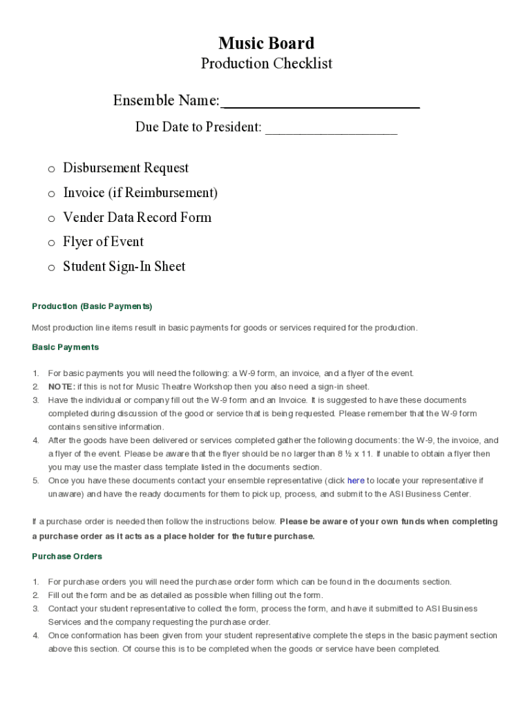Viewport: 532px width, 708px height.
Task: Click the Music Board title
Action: (266, 44)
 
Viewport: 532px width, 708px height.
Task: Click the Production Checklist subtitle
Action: (266, 64)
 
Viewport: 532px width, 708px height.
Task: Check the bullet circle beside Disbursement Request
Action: (51, 169)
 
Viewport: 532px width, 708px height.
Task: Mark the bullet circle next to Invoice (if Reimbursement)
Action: (51, 194)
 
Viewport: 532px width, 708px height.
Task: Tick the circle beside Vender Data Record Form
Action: (51, 218)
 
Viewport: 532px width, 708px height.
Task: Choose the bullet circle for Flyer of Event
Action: (51, 243)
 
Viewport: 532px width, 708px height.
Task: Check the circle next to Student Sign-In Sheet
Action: (51, 268)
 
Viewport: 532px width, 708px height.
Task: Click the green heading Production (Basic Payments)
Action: (92, 306)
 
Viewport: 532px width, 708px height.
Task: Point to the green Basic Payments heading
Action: (66, 347)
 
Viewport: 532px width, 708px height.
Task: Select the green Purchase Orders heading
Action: (67, 557)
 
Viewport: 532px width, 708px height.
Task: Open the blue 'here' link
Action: (356, 481)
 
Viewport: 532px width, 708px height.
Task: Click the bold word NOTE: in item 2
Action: (61, 387)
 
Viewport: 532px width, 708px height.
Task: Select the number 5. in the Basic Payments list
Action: (35, 481)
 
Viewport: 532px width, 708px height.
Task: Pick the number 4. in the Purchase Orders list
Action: (35, 635)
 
